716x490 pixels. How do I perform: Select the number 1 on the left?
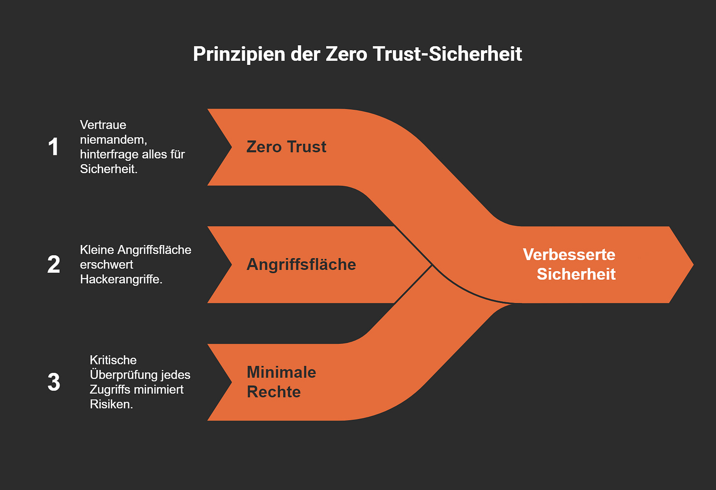pyautogui.click(x=54, y=147)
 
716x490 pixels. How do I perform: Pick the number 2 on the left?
pyautogui.click(x=54, y=265)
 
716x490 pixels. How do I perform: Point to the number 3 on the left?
pyautogui.click(x=54, y=382)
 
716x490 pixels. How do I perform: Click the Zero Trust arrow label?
pyautogui.click(x=286, y=147)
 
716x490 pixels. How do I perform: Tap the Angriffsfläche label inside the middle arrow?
pyautogui.click(x=301, y=265)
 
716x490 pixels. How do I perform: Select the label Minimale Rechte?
pyautogui.click(x=281, y=382)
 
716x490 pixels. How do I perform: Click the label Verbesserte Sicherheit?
pyautogui.click(x=569, y=264)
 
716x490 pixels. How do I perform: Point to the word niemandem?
pyautogui.click(x=113, y=140)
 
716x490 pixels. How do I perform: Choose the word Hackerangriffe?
pyautogui.click(x=120, y=279)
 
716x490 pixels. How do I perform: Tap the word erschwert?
pyautogui.click(x=106, y=265)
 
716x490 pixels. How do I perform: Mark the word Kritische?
pyautogui.click(x=113, y=360)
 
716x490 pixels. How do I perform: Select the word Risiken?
pyautogui.click(x=111, y=404)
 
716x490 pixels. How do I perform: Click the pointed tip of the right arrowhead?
pyautogui.click(x=692, y=265)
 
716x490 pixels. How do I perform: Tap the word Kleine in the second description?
pyautogui.click(x=97, y=250)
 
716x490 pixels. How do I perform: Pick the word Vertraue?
pyautogui.click(x=103, y=125)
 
